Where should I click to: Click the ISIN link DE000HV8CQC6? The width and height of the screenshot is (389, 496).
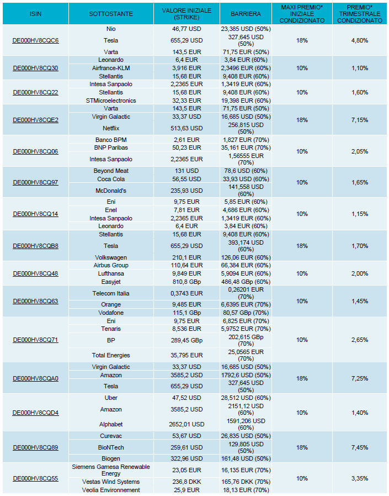(x=35, y=40)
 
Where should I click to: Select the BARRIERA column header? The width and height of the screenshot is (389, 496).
(x=246, y=14)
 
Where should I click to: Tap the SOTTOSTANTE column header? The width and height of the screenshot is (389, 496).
(x=111, y=14)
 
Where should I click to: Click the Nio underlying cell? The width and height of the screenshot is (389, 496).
(x=111, y=29)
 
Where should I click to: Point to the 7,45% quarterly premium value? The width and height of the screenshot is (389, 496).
(x=360, y=447)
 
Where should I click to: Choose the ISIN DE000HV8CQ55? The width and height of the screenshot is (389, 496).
(x=35, y=478)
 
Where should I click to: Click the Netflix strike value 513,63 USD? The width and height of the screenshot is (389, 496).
(x=186, y=128)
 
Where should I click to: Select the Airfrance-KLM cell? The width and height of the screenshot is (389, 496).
(x=111, y=68)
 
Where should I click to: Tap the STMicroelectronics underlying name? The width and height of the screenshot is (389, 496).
(x=111, y=101)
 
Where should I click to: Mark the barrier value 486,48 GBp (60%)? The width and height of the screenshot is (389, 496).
(x=246, y=282)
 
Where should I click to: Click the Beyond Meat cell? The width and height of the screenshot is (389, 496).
(x=111, y=171)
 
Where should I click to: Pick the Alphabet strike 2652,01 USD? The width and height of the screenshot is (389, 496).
(x=186, y=424)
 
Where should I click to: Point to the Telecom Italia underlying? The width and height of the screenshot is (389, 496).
(x=111, y=293)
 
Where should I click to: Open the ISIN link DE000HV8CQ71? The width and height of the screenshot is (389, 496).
(x=35, y=340)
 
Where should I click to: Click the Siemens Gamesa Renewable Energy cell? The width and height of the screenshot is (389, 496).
(x=111, y=470)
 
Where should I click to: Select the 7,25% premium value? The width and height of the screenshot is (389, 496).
(x=360, y=378)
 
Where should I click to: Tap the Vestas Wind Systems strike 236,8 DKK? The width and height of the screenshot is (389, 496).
(x=186, y=482)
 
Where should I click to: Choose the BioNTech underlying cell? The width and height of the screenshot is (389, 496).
(x=111, y=447)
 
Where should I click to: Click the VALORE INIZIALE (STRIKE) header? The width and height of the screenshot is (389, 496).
(x=186, y=14)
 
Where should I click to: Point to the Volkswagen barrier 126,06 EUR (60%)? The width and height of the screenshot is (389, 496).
(x=246, y=257)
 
